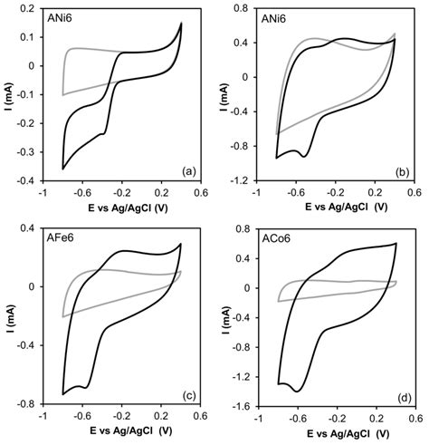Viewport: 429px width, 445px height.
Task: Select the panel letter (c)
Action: [x=187, y=395]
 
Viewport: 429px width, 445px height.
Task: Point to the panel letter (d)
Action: [x=400, y=395]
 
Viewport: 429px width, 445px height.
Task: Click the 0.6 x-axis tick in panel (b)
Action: [x=414, y=193]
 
